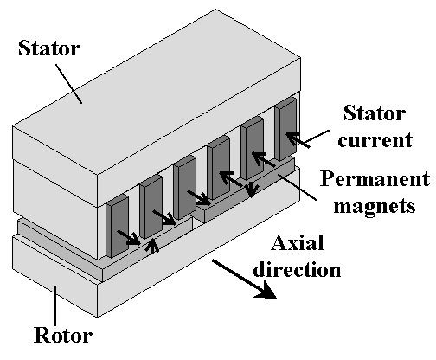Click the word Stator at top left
tap(49, 48)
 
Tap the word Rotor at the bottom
tap(63, 335)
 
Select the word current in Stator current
tap(375, 140)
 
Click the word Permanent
tap(375, 178)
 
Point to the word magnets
tap(375, 206)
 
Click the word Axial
tap(298, 242)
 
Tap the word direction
tap(297, 269)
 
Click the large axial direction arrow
tap(244, 279)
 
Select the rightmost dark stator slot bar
tap(285, 128)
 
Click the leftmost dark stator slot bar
tap(118, 226)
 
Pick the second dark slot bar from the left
tap(151, 207)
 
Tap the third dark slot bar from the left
tap(184, 187)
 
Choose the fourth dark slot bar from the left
tap(218, 168)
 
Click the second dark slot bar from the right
tap(252, 148)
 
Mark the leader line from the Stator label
tap(69, 84)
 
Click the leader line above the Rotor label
tap(55, 305)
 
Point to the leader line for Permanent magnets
tap(297, 187)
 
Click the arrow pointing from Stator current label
tap(307, 139)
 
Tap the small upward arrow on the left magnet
tap(153, 247)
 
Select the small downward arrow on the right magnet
tap(252, 190)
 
